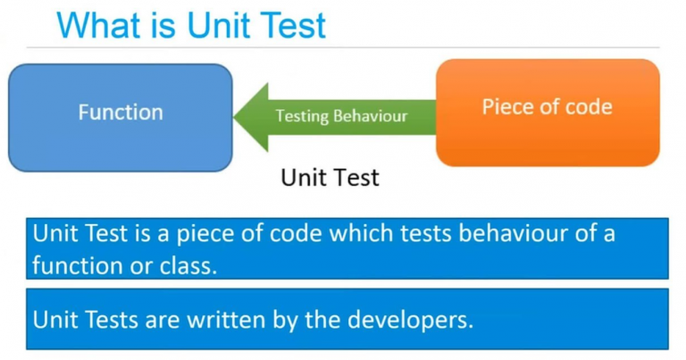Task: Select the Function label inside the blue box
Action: [121, 113]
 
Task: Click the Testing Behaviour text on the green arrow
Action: [341, 116]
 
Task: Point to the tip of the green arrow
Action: [234, 117]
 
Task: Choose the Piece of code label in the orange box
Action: [547, 107]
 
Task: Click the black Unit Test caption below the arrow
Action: [330, 178]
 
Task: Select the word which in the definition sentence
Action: [361, 233]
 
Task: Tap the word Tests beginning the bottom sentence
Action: [111, 320]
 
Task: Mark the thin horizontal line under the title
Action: [343, 46]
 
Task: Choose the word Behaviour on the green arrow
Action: [370, 116]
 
